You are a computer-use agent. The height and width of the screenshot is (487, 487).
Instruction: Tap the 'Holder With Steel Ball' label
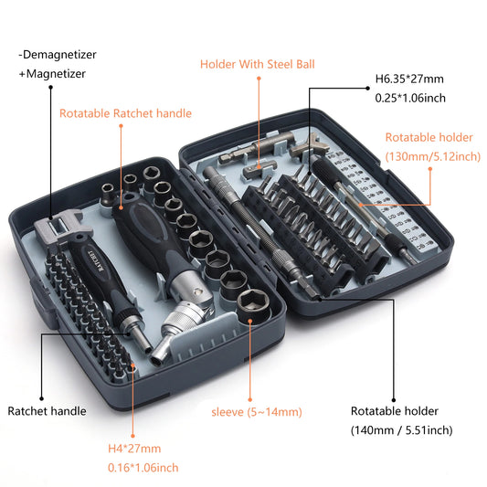(x=259, y=64)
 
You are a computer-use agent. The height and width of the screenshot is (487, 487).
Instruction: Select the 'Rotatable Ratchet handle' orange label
(x=125, y=113)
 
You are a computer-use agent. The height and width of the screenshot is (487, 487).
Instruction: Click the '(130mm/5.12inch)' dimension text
(x=432, y=156)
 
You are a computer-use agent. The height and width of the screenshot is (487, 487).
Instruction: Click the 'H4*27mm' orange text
(x=130, y=448)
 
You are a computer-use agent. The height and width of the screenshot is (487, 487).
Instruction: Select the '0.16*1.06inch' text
(x=138, y=467)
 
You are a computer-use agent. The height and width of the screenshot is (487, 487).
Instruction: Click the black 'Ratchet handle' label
(x=47, y=411)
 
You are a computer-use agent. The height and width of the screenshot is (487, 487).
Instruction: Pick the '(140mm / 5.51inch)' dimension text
(x=401, y=429)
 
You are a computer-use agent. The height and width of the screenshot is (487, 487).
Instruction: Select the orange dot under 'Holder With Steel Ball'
(x=259, y=79)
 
